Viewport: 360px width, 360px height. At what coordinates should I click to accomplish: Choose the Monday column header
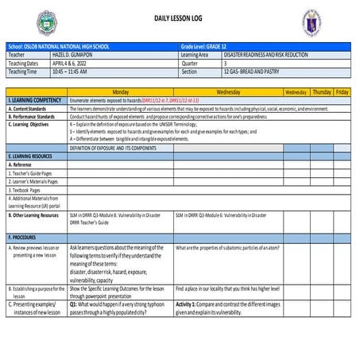pos(121,92)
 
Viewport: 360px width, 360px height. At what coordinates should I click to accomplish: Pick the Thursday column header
pos(321,92)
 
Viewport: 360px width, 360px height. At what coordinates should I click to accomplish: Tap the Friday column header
pos(342,92)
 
